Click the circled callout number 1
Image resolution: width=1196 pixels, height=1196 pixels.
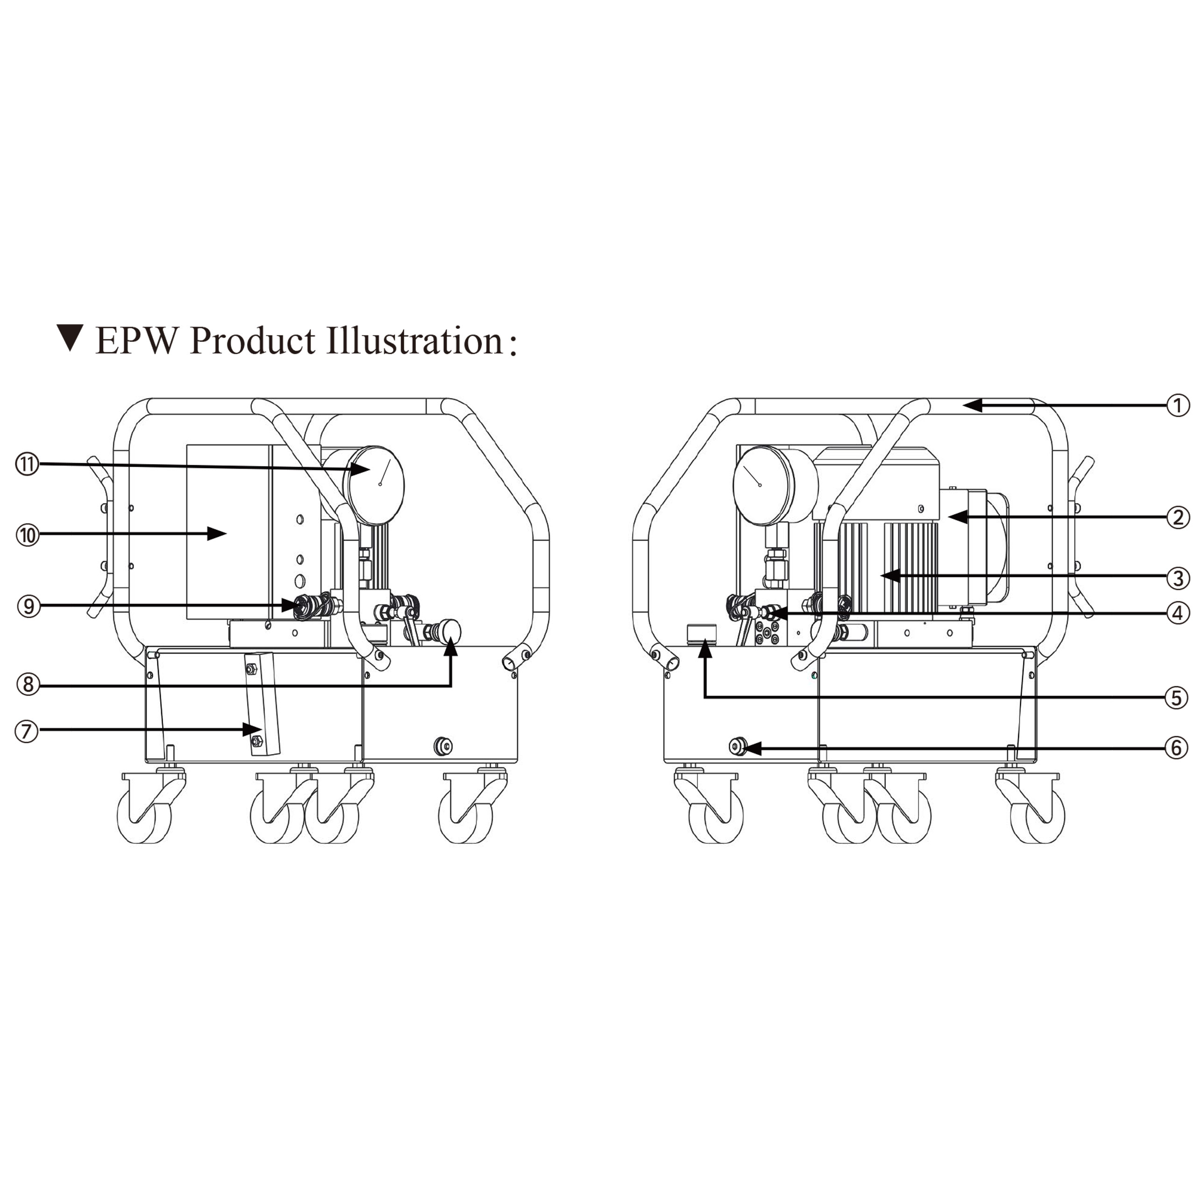(1178, 406)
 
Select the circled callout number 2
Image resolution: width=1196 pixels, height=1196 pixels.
(1178, 517)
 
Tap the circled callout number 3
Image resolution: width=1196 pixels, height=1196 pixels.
(1178, 578)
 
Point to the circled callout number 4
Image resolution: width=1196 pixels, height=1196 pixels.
(1178, 613)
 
